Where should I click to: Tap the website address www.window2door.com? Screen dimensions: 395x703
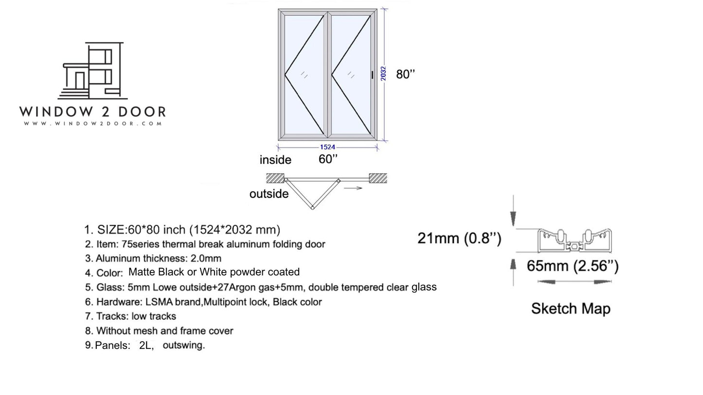pos(92,124)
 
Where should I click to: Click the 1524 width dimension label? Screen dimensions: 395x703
pos(327,147)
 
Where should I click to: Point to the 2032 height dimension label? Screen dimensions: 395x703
pos(383,73)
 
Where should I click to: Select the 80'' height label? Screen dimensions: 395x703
pos(405,74)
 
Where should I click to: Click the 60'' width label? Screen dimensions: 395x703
pos(328,159)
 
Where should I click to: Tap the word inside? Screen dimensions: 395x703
pos(275,160)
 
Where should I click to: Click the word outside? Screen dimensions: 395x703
pos(269,194)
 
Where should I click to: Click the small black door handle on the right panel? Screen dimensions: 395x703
pos(373,74)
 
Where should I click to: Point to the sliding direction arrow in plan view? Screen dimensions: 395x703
pos(353,188)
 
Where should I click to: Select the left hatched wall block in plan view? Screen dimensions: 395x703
pos(275,178)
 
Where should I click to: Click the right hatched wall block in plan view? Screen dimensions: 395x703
pos(378,178)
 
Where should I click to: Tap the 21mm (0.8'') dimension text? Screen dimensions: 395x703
pos(459,239)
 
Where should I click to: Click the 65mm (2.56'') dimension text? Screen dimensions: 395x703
pos(573,266)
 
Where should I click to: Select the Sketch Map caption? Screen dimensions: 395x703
pos(571,309)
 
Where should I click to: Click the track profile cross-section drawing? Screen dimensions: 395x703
pos(575,240)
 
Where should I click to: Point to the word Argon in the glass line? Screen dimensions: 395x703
pos(243,287)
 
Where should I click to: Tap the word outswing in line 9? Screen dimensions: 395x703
pos(183,345)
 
